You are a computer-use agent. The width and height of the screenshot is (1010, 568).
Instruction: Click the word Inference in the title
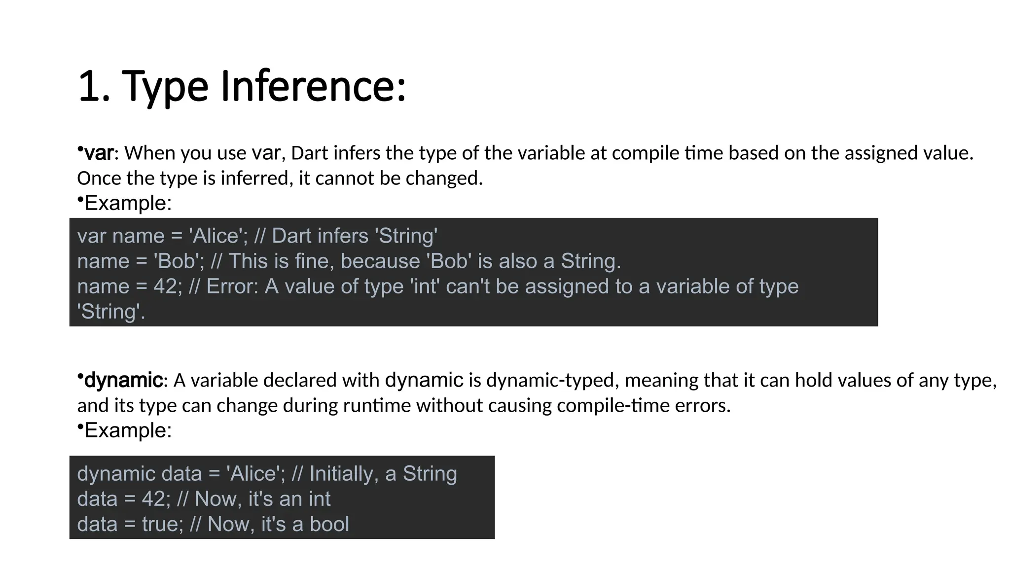(313, 86)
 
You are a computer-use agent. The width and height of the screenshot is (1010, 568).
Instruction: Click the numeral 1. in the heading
(94, 86)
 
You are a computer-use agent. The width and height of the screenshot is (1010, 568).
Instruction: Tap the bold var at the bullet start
(99, 153)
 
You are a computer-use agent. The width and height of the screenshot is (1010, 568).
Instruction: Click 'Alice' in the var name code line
(216, 236)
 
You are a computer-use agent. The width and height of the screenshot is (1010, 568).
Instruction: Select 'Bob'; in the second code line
(179, 261)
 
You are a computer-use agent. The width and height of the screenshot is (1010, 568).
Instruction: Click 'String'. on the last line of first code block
(111, 312)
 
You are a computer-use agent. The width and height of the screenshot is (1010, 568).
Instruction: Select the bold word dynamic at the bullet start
(123, 380)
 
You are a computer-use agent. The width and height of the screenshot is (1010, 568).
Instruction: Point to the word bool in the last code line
(329, 524)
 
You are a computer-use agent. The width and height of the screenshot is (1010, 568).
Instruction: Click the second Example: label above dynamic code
(128, 430)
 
